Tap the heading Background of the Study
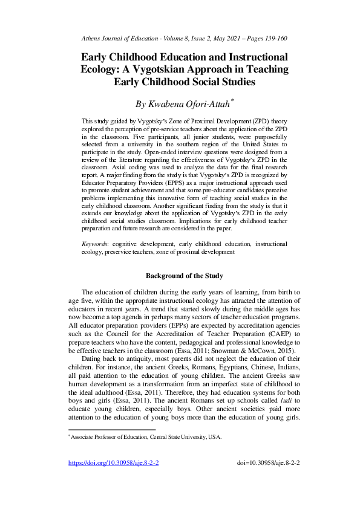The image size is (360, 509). click(x=185, y=276)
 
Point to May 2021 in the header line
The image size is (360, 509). click(x=226, y=38)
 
